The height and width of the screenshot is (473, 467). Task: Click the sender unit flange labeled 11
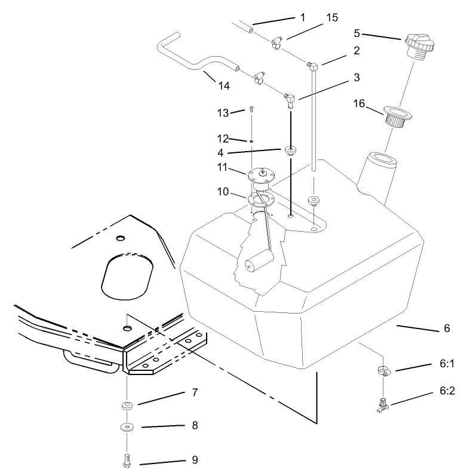click(x=260, y=175)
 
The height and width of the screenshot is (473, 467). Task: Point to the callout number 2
click(x=356, y=51)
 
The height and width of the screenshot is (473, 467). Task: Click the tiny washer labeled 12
click(x=253, y=142)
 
